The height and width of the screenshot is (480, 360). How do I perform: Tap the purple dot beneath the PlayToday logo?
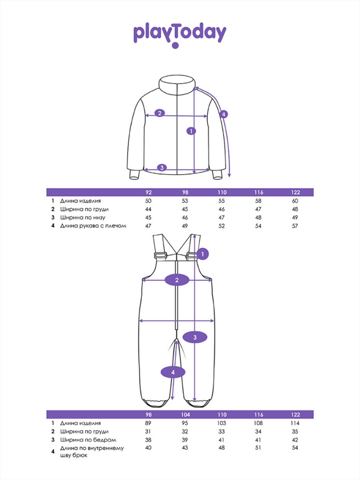(x=175, y=46)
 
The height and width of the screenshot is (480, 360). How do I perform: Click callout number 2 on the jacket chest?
(x=159, y=113)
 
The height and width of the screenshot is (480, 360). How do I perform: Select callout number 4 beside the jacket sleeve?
(x=224, y=115)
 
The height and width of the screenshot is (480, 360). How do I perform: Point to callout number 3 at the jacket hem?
(x=162, y=168)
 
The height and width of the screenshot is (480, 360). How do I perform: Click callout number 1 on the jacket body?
(x=191, y=131)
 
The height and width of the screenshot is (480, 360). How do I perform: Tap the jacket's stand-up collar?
(x=177, y=84)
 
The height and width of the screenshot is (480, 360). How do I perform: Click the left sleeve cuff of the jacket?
(x=134, y=175)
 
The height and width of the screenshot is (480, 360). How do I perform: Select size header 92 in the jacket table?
(x=148, y=192)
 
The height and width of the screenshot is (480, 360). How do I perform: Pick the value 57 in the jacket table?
(x=295, y=226)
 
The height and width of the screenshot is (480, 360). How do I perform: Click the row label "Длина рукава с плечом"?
(x=93, y=226)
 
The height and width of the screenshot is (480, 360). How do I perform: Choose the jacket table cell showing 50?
(x=148, y=201)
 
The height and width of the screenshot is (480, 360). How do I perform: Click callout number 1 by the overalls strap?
(x=203, y=254)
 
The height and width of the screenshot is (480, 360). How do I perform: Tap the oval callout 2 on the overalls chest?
(x=177, y=280)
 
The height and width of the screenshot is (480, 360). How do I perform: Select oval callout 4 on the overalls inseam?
(x=173, y=372)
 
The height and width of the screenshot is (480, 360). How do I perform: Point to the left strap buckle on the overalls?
(x=160, y=255)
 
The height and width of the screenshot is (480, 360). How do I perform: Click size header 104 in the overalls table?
(x=185, y=415)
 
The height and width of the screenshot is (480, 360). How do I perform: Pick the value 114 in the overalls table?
(x=295, y=423)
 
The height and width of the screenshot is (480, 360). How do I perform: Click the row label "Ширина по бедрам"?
(x=88, y=440)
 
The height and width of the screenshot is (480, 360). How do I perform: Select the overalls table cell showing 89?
(x=148, y=423)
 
